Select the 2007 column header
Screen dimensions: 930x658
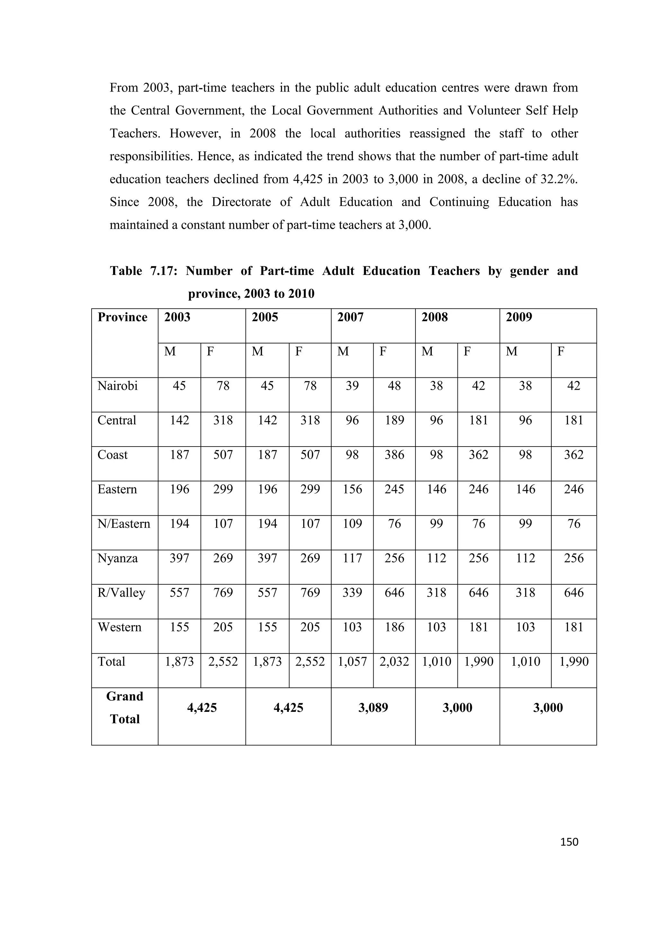(351, 317)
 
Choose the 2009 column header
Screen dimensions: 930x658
(519, 317)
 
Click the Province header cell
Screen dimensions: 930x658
(122, 317)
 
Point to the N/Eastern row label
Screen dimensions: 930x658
(124, 524)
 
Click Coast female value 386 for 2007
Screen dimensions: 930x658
(394, 455)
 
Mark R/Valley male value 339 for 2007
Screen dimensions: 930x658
(352, 593)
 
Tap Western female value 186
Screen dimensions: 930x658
(394, 627)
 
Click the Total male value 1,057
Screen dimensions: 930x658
(352, 661)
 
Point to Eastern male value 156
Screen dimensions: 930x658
(352, 489)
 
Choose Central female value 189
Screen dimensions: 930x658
(394, 420)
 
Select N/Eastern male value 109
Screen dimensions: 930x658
(352, 524)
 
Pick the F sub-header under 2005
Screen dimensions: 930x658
(298, 351)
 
